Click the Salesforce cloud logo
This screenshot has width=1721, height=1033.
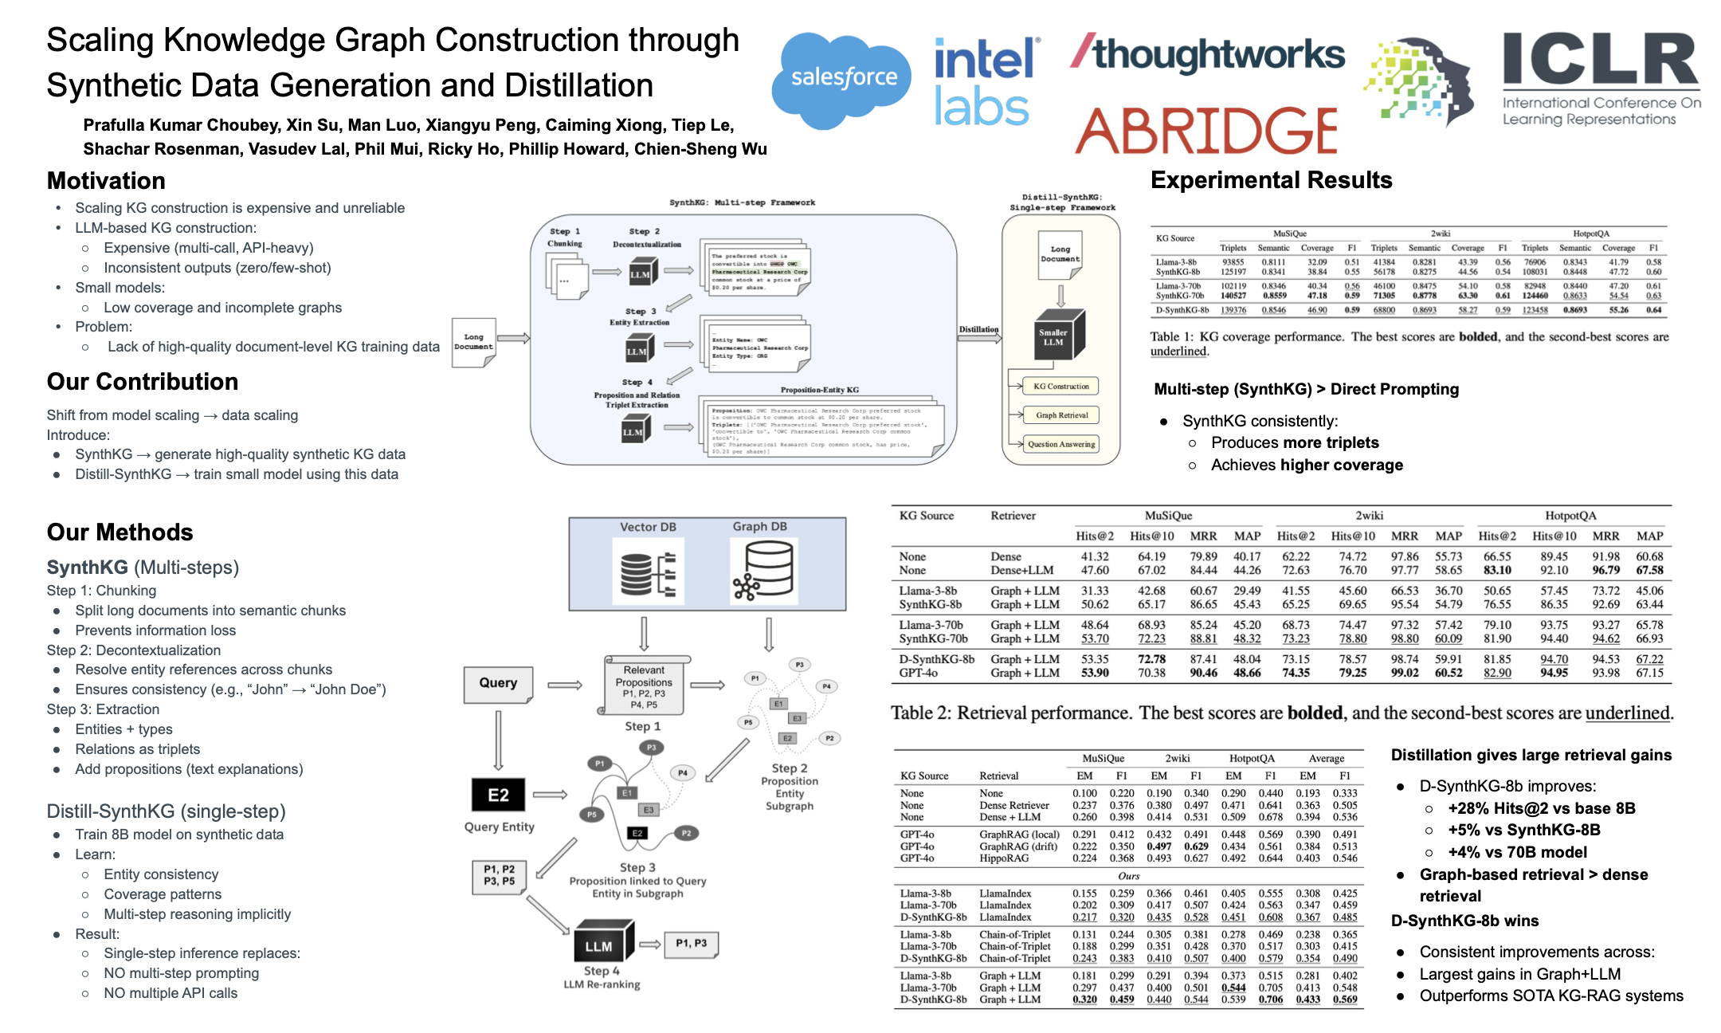pos(843,78)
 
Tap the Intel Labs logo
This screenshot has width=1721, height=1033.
pos(986,83)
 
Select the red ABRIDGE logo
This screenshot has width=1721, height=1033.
pos(1205,131)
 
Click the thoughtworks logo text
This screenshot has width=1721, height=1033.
pos(1208,54)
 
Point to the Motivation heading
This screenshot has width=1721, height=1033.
pos(106,181)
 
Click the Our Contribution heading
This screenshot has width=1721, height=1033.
pos(143,382)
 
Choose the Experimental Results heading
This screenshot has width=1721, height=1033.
pos(1271,180)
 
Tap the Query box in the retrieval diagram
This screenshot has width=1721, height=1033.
pos(498,683)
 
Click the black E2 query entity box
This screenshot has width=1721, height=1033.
pos(498,795)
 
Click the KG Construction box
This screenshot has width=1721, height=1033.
pos(1060,387)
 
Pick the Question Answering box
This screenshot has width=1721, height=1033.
pos(1060,444)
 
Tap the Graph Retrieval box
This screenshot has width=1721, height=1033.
pos(1061,415)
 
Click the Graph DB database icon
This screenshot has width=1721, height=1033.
pos(763,569)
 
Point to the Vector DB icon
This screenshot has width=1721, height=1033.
pos(647,569)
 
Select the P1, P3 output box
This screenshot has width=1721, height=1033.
pos(691,944)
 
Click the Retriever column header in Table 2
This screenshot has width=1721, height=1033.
pos(1013,516)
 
